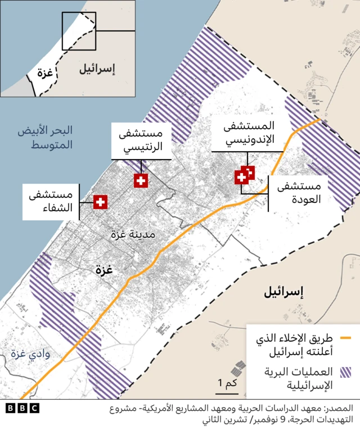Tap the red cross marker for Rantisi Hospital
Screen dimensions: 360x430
pos(141,180)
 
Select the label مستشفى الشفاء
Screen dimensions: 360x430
pos(50,201)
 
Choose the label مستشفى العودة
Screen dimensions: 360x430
pos(299,192)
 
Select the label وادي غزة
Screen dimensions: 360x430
pos(31,355)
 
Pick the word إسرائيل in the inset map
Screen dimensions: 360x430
pos(97,69)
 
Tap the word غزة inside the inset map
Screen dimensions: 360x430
pos(45,72)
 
